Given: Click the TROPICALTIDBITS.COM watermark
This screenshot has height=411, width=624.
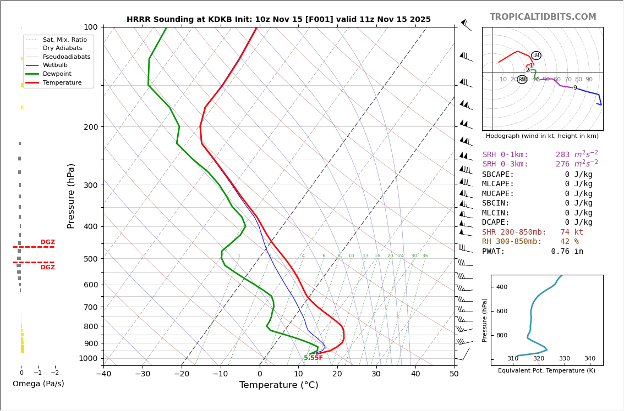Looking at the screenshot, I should point(543,17).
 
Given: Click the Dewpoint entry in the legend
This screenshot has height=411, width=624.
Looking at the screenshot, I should point(57,74).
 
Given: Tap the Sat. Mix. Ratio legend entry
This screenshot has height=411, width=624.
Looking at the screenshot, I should point(64,40).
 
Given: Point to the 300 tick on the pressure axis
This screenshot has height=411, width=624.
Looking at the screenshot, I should point(90,185).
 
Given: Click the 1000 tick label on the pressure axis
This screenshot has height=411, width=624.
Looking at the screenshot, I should point(88,358).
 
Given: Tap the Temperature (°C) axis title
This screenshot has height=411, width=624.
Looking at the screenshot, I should point(278,385).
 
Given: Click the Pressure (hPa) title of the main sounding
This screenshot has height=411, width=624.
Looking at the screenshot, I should point(72,196).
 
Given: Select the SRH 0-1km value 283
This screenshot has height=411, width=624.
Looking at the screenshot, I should point(562,155).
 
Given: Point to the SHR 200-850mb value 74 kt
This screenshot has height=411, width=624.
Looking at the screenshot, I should point(572,232).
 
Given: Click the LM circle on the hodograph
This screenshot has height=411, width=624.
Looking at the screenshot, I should point(536,55).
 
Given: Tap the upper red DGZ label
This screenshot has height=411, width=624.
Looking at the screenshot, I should point(47,242).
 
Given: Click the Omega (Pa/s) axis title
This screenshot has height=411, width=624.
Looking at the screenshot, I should point(38,384).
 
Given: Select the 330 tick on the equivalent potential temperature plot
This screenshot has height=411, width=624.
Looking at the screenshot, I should point(564,359).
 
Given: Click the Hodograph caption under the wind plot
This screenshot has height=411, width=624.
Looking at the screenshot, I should point(542,136).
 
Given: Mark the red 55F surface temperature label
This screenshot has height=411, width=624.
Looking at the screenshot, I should point(316,358).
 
